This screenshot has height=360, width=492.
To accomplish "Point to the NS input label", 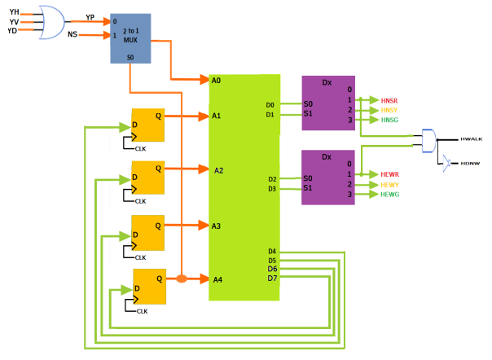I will pyautogui.click(x=72, y=36).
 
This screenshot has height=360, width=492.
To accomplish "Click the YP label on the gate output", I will pyautogui.click(x=90, y=15).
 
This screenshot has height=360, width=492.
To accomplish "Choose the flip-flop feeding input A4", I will pyautogui.click(x=149, y=285).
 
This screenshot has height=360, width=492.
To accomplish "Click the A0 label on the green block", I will pyautogui.click(x=216, y=81).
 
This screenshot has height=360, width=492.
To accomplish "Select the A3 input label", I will pyautogui.click(x=217, y=226).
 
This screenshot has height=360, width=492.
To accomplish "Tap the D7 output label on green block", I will pyautogui.click(x=272, y=279).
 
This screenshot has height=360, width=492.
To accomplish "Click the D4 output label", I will pyautogui.click(x=272, y=252).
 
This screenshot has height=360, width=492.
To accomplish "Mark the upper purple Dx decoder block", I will pyautogui.click(x=328, y=102).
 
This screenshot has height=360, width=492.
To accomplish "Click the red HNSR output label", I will pyautogui.click(x=390, y=99).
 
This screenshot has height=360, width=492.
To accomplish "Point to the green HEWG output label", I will pyautogui.click(x=390, y=194).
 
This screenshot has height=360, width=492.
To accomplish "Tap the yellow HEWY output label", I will pyautogui.click(x=390, y=185).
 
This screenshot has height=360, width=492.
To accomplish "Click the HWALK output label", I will pyautogui.click(x=472, y=140).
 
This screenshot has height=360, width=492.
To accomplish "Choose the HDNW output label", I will pyautogui.click(x=471, y=164).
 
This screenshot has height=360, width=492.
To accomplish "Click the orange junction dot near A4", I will pyautogui.click(x=182, y=279).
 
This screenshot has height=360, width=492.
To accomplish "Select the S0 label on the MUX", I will pyautogui.click(x=130, y=57).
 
